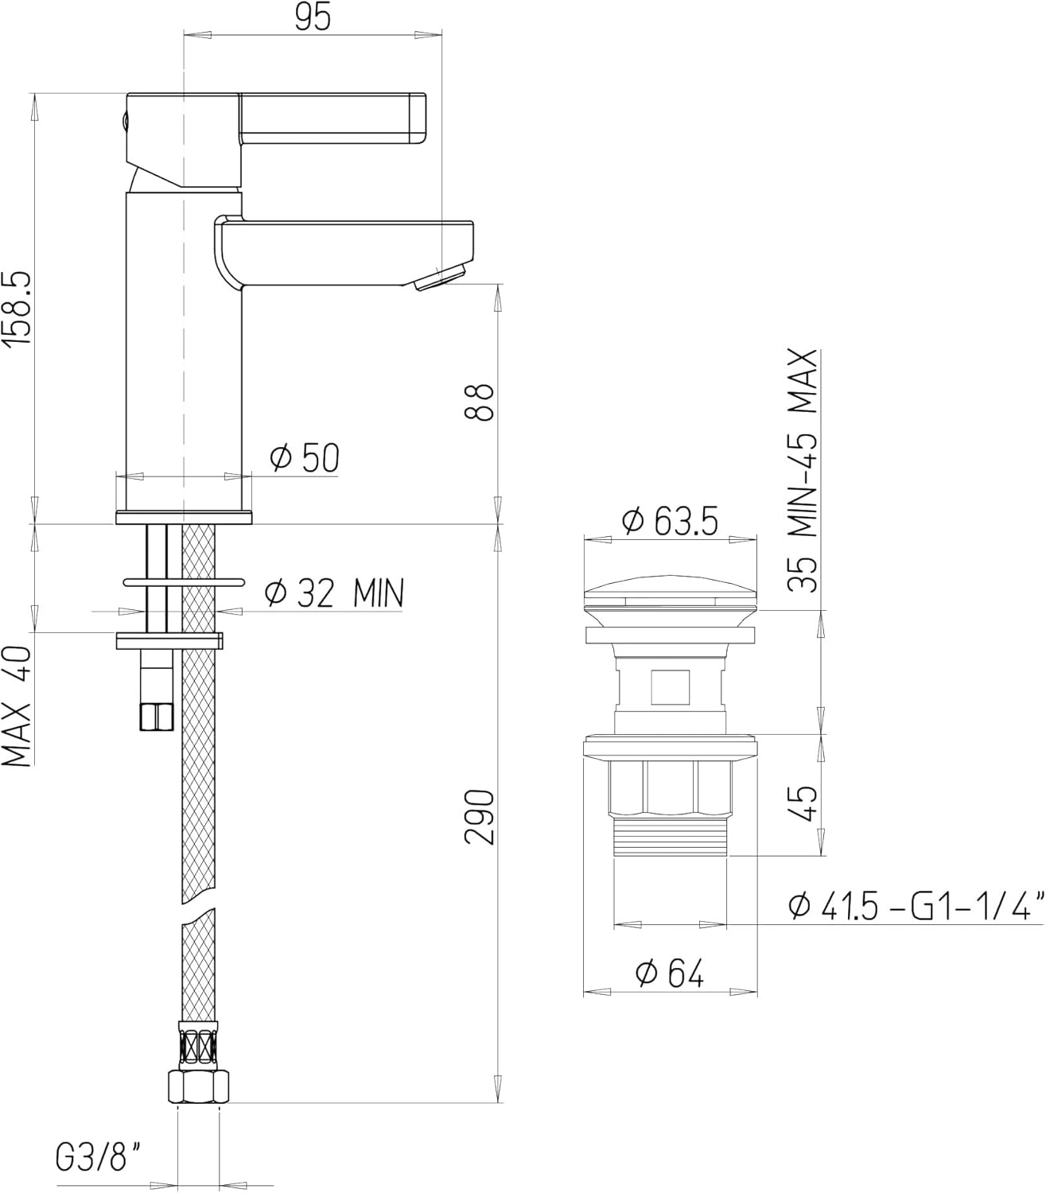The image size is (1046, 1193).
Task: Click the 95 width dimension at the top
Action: (313, 17)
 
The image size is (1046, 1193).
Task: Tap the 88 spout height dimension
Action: (478, 402)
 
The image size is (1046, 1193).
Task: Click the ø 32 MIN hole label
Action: (335, 593)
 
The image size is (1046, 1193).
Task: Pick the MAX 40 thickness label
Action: (17, 706)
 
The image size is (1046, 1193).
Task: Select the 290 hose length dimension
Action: (479, 818)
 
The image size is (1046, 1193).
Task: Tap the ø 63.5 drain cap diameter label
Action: (670, 520)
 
